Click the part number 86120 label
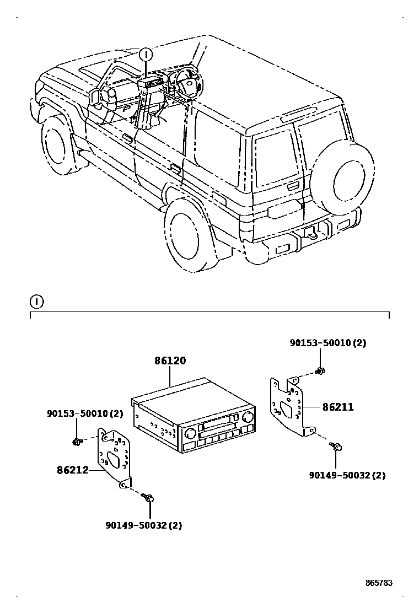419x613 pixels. click(170, 361)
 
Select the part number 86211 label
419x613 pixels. click(338, 407)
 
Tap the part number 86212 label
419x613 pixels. click(72, 470)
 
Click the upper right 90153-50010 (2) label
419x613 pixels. click(328, 343)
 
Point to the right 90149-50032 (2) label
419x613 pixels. click(347, 475)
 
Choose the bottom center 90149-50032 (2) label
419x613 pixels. click(143, 525)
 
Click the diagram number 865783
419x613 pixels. click(378, 583)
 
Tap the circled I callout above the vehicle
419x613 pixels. click(146, 54)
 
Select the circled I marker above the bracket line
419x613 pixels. click(36, 302)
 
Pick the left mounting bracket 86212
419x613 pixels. click(115, 457)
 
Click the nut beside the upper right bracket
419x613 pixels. click(320, 371)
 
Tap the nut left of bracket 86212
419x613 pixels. click(77, 441)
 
